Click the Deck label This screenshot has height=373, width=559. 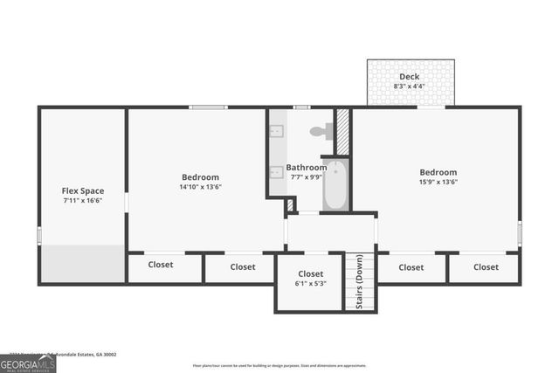(409, 77)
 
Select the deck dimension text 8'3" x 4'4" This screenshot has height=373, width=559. (409, 86)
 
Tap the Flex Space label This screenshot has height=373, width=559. (82, 190)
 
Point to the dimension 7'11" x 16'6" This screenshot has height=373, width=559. (82, 200)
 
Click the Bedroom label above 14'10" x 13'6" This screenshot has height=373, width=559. (200, 177)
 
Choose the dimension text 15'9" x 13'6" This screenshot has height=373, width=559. (438, 182)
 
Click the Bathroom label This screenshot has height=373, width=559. (306, 167)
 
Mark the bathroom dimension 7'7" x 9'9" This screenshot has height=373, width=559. (306, 176)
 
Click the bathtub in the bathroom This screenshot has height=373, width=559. (335, 185)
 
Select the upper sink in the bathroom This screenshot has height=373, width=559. (276, 131)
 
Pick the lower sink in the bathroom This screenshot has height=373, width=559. (276, 172)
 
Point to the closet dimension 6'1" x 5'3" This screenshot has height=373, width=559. (310, 283)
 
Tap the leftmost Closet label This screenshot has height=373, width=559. (160, 266)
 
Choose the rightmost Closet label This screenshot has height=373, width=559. (486, 267)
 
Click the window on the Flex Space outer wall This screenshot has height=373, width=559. (38, 235)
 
